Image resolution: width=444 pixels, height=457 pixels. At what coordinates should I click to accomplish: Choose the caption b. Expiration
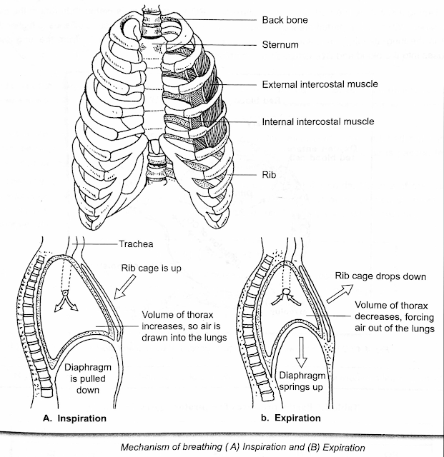[290, 418]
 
